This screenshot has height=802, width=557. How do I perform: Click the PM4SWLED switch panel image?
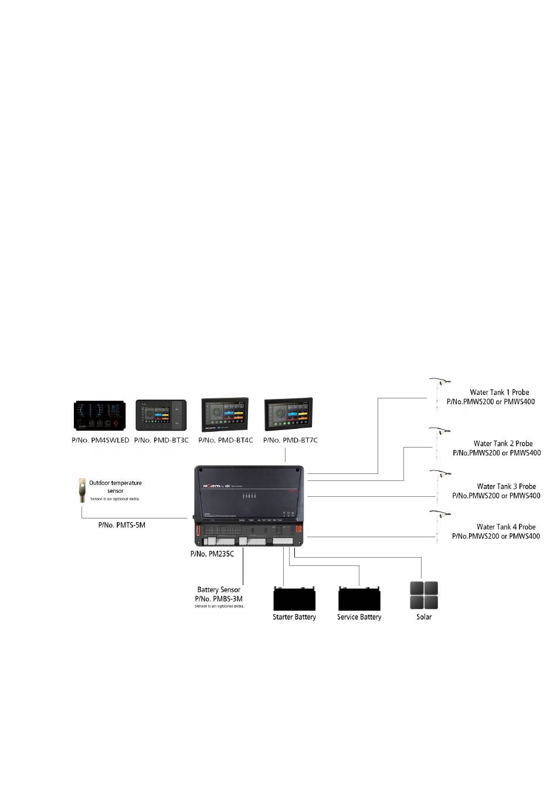[x=100, y=416]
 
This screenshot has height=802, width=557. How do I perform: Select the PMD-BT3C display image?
[x=161, y=415]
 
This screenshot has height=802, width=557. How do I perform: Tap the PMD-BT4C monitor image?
[x=225, y=415]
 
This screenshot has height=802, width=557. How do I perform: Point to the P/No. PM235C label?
[x=212, y=554]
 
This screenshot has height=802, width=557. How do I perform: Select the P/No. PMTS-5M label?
[x=121, y=525]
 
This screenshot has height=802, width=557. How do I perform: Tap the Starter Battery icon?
[x=294, y=599]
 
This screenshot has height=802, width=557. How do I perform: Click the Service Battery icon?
[x=359, y=599]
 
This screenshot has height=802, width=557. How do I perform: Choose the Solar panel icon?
[x=424, y=596]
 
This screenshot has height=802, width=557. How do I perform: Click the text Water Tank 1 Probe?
[x=499, y=393]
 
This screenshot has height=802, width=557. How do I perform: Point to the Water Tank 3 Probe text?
[x=506, y=486]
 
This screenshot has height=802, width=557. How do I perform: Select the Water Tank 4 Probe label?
[x=505, y=527]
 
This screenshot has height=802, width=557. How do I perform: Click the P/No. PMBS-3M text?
[x=219, y=599]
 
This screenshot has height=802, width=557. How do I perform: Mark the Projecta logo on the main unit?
[x=215, y=486]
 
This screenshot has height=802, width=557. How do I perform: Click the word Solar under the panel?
[x=424, y=617]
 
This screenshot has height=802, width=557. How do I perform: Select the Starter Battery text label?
[x=294, y=617]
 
